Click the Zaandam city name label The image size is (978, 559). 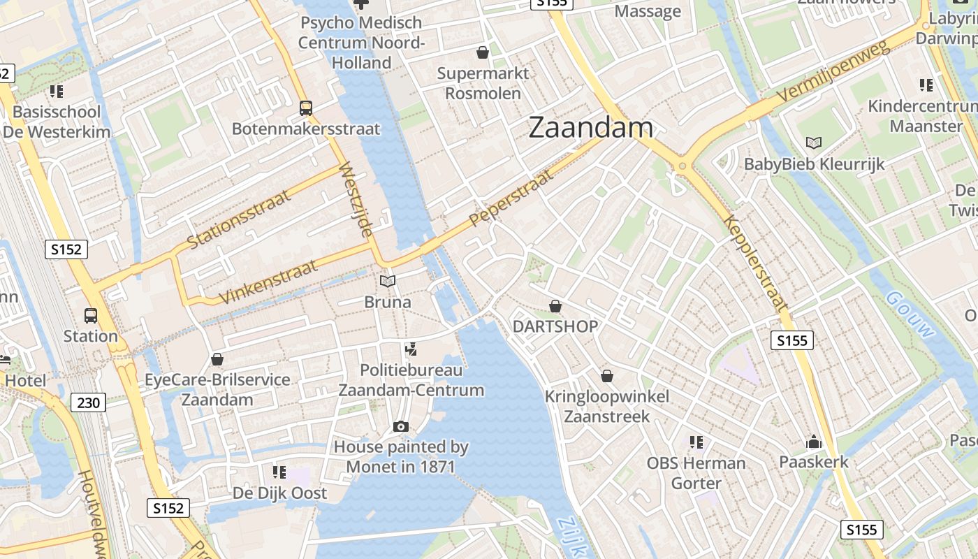point(591,128)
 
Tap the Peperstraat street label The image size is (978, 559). point(511,197)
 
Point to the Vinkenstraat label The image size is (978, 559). point(269,282)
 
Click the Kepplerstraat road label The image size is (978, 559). point(757,263)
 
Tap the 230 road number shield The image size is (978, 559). point(88,402)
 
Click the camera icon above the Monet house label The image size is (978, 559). point(401,426)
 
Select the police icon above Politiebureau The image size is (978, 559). point(411,349)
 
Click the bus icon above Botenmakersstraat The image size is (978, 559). point(306,108)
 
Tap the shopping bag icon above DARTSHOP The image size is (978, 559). point(555,306)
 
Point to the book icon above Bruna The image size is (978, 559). point(387,282)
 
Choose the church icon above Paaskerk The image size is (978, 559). point(814,442)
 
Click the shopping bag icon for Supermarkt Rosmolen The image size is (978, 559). point(483,52)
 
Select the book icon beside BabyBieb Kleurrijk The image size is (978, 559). point(814,143)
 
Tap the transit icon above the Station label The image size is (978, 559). point(91,315)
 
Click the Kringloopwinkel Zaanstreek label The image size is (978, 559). point(606,407)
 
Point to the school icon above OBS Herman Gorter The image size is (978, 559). point(696,442)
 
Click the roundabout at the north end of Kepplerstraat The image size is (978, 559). point(683,166)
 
